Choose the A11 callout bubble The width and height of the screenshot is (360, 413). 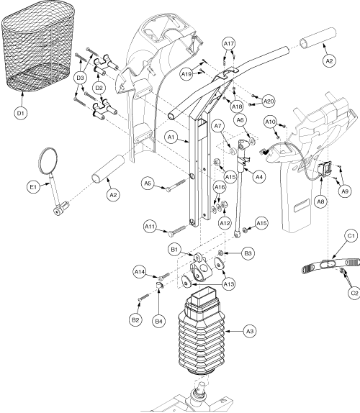(x=152, y=228)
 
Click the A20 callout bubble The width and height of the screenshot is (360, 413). (x=269, y=101)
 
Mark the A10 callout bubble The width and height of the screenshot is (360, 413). (x=270, y=122)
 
